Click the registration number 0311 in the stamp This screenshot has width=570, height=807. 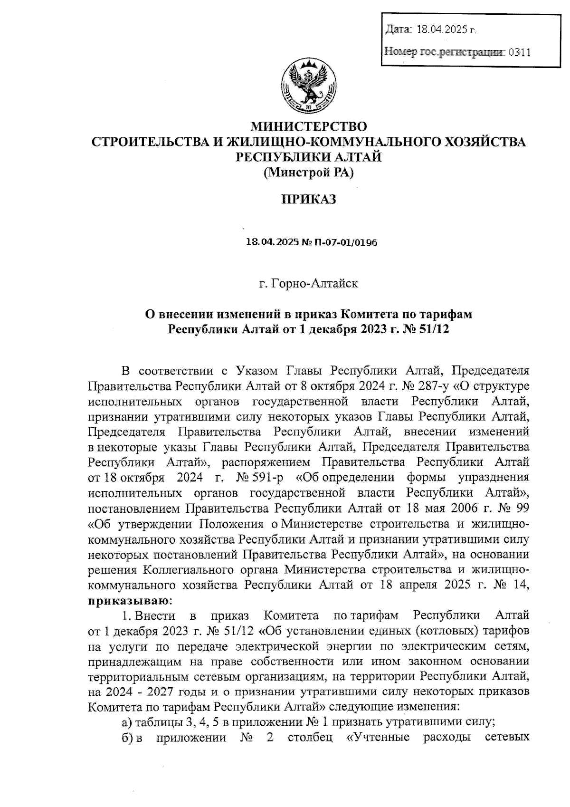click(x=519, y=52)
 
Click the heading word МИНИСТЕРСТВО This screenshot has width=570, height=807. click(x=309, y=127)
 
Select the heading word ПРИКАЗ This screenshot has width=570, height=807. click(x=309, y=199)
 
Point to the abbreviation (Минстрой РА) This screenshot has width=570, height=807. click(x=309, y=173)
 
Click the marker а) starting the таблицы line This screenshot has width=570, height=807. click(x=126, y=722)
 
